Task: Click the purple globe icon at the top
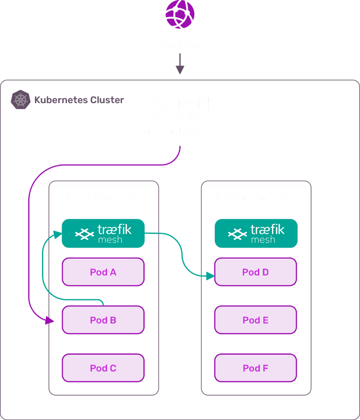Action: [179, 15]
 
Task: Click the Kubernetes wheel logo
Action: [20, 100]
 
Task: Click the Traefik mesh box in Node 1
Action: [103, 233]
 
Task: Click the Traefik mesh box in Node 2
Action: [256, 233]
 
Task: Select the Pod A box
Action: [103, 272]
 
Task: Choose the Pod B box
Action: [103, 320]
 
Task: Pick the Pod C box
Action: [103, 367]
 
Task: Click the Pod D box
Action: [256, 272]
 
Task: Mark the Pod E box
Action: [256, 320]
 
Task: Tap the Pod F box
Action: [256, 367]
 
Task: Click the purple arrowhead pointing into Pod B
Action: [52, 320]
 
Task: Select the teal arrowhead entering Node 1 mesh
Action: [56, 234]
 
